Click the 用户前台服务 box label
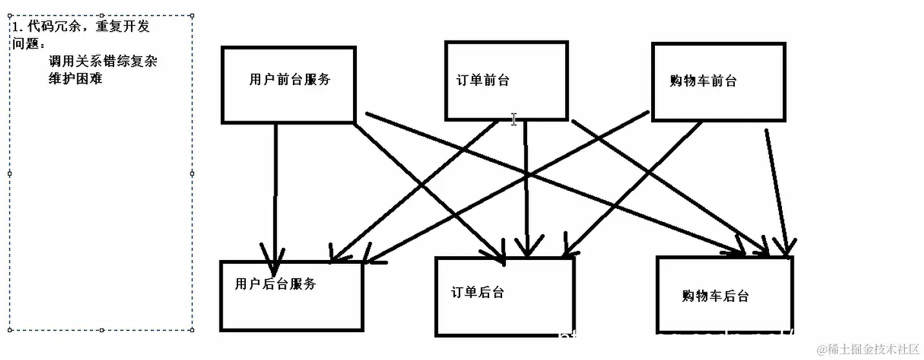coord(289,79)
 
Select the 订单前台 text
coord(483,81)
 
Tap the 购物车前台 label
coord(703,81)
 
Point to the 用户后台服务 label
coord(276,284)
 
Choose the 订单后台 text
coord(477,292)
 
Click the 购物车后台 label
coord(715,296)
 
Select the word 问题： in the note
coord(29,44)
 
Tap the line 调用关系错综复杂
coord(103,62)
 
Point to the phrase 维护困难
coord(75,79)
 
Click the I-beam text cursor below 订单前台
coord(514,119)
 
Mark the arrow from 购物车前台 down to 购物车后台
coord(776,187)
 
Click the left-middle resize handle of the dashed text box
coord(9,174)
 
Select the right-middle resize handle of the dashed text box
coord(192,174)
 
